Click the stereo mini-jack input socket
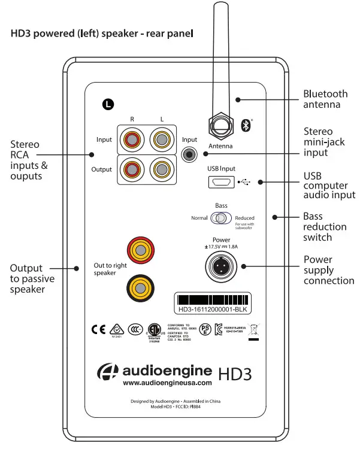[x=190, y=154]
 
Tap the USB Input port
[x=221, y=181]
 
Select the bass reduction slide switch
[x=222, y=219]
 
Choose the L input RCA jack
[x=161, y=140]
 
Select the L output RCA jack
[x=161, y=169]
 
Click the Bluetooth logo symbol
[x=245, y=125]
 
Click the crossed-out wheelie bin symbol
[x=253, y=330]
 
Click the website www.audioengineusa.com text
[x=167, y=383]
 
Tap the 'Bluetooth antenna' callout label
[x=325, y=99]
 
